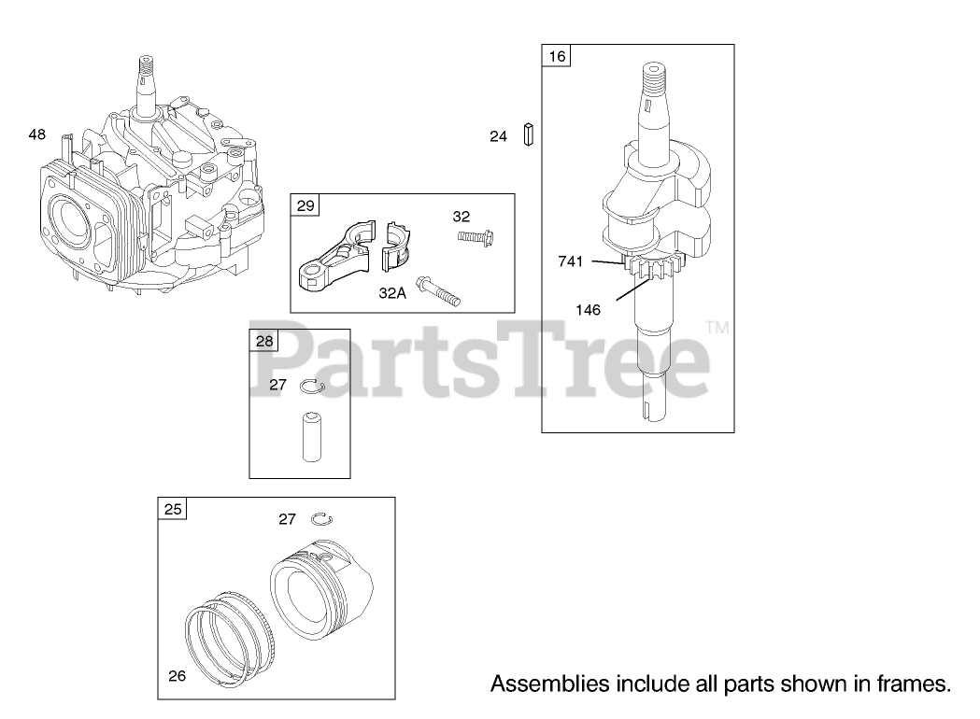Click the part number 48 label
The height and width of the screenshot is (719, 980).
pyautogui.click(x=36, y=134)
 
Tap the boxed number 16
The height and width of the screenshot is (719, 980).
pyautogui.click(x=557, y=56)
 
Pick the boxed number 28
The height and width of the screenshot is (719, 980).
pyautogui.click(x=264, y=341)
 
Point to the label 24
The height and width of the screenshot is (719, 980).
pyautogui.click(x=498, y=136)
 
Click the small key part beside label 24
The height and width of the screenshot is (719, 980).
pyautogui.click(x=529, y=135)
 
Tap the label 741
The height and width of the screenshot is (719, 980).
pyautogui.click(x=571, y=261)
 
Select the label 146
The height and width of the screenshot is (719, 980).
pyautogui.click(x=589, y=310)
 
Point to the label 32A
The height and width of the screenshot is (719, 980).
pyautogui.click(x=392, y=292)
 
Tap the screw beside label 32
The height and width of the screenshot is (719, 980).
pyautogui.click(x=476, y=236)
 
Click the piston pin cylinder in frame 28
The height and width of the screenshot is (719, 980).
pyautogui.click(x=310, y=434)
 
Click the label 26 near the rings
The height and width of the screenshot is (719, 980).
pyautogui.click(x=177, y=675)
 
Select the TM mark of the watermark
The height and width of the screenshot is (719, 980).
pyautogui.click(x=717, y=327)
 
